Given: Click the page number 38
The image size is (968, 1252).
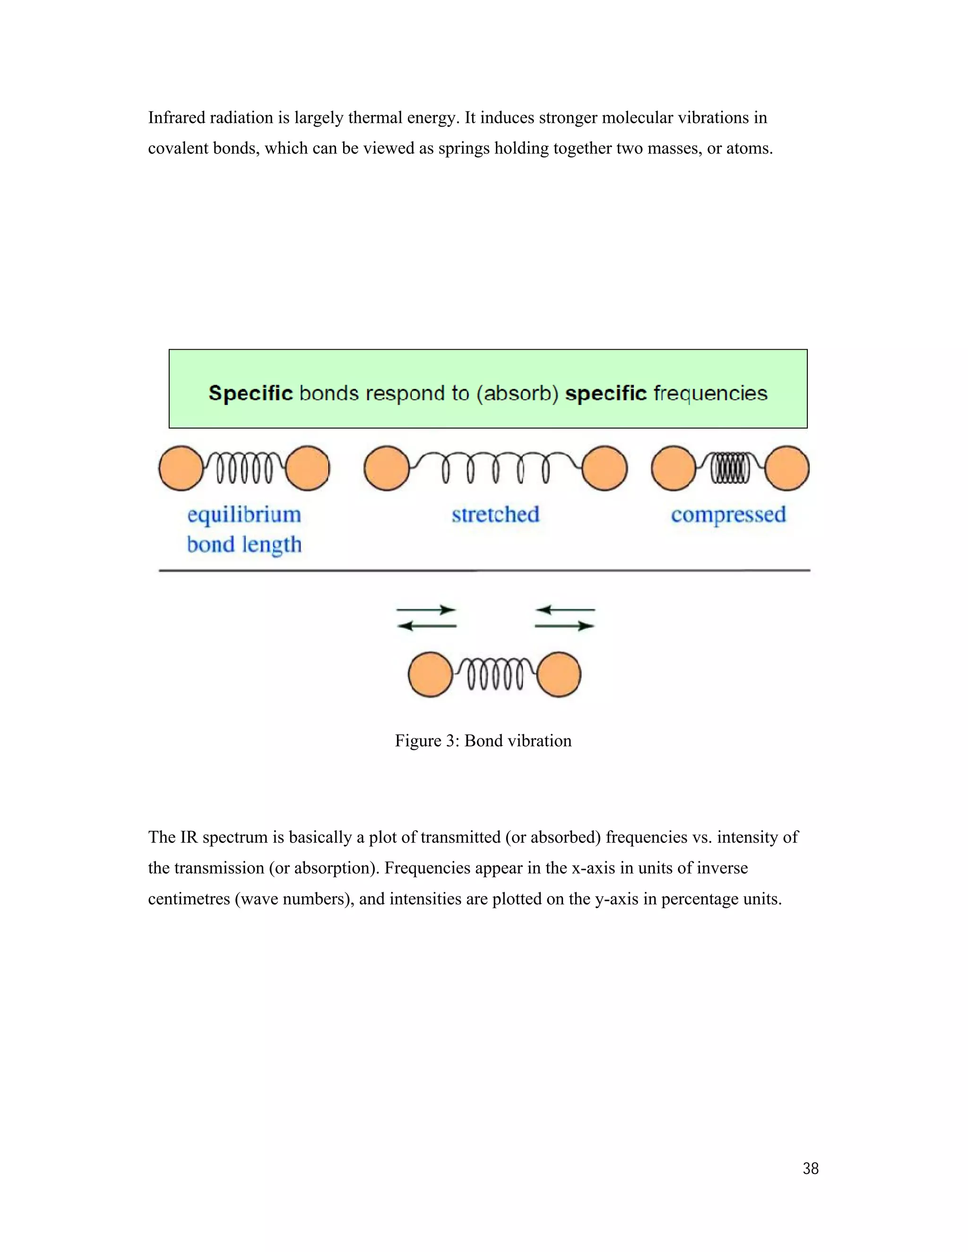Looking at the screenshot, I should point(810,1168).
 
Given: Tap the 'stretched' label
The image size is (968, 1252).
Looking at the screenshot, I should point(495,514).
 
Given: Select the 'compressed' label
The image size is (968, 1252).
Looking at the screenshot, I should point(728,514).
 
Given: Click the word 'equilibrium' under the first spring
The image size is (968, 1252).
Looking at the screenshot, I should point(244,514).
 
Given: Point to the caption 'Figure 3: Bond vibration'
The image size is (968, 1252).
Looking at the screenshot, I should point(483,741).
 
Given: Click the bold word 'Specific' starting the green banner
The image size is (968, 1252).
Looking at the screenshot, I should point(251,393).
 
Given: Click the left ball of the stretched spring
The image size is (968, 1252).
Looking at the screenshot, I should point(387,468).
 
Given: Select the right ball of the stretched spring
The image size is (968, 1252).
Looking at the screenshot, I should point(605,468).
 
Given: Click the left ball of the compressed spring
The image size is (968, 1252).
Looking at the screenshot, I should point(673,468).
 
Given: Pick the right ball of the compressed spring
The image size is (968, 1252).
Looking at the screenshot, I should point(787,468).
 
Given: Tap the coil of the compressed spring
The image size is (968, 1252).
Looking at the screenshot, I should point(730,468).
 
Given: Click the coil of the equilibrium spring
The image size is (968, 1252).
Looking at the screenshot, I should point(244,468).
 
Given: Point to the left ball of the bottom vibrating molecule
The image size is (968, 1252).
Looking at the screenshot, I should point(430,675).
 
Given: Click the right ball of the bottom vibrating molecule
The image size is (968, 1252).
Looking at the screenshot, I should point(559,675).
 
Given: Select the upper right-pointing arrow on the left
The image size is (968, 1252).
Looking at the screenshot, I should point(426,609).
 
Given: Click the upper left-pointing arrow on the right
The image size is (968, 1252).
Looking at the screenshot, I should point(565,609).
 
